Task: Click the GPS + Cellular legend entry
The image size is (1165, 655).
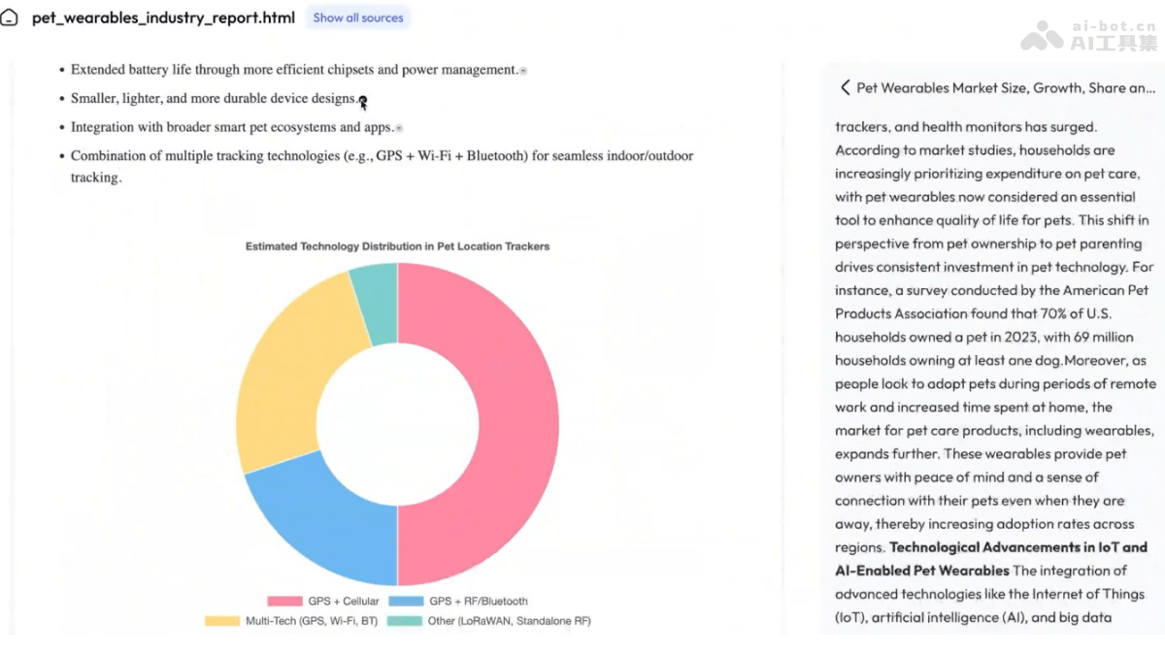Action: click(323, 602)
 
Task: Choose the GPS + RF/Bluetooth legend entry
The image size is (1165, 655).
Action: click(465, 602)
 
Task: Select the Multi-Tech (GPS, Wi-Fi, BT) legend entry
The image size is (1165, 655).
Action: click(288, 621)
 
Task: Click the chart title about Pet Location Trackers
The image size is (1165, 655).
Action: click(397, 246)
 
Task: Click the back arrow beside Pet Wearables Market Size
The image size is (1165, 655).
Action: click(845, 87)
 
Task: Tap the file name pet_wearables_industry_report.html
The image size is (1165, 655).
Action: click(163, 17)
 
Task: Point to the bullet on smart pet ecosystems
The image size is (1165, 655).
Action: click(232, 127)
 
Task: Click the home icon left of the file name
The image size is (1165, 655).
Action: click(10, 18)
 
